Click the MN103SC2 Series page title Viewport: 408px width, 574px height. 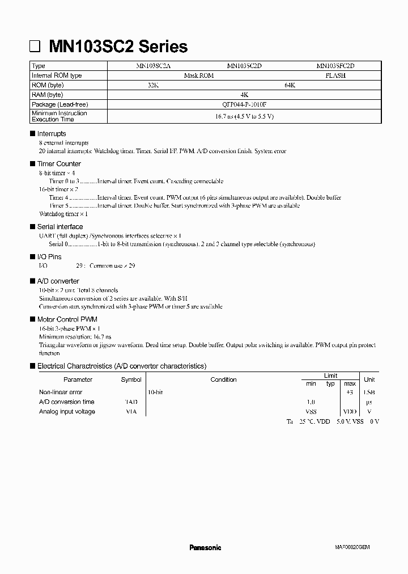pos(118,46)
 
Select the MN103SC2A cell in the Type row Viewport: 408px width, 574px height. pos(153,66)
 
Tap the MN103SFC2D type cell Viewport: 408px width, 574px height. pos(335,66)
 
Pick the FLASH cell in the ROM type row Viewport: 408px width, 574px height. pos(335,75)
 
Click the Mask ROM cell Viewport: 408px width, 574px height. pos(199,75)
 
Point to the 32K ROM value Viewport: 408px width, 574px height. pos(153,85)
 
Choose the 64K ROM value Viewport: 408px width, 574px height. pos(290,85)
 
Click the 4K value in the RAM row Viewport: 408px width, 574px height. pos(244,95)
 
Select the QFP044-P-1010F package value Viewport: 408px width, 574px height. pos(244,104)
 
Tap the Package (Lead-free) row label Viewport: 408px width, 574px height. pos(60,104)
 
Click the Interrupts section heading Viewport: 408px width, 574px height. pos(52,134)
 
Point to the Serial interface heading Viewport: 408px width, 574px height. pos(60,227)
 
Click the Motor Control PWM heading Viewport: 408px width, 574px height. pos(67,319)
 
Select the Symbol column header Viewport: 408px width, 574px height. pos(131,380)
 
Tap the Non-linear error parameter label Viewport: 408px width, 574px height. pos(61,392)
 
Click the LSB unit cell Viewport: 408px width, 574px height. pos(369,392)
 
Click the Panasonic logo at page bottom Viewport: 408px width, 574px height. pos(205,547)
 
